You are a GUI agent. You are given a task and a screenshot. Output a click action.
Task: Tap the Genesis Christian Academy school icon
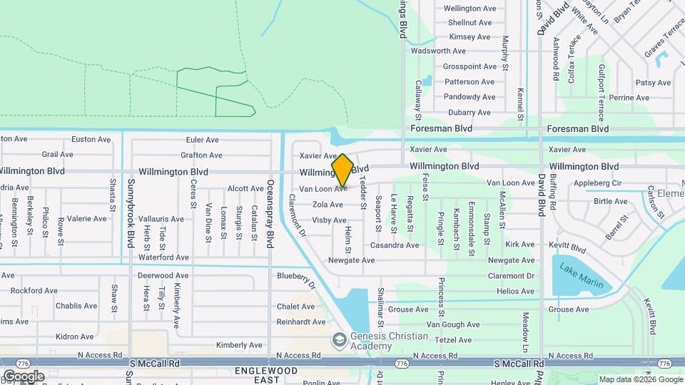click(338, 337)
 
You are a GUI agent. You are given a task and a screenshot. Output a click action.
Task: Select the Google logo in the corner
click(24, 376)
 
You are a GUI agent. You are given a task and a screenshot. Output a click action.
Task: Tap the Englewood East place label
click(256, 376)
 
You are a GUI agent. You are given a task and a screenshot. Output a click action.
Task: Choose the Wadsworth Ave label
click(438, 51)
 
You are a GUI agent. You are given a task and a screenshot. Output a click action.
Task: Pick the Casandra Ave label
click(394, 245)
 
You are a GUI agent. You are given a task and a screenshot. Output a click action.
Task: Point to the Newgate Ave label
click(351, 261)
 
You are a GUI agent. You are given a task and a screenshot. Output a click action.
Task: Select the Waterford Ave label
click(163, 257)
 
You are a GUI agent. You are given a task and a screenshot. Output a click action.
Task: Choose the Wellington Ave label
click(469, 9)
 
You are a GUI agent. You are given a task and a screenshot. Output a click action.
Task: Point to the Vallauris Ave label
click(161, 219)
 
